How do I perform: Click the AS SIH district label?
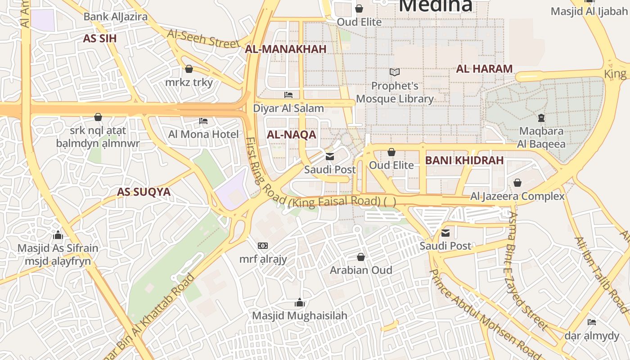coord(99,38)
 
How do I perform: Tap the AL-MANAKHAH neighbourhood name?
coord(285,49)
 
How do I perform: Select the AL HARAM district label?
coord(484,69)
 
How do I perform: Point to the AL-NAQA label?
coord(291,135)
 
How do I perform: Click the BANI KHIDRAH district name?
coord(464,160)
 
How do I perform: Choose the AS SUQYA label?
coord(144,192)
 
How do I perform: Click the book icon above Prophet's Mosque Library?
coord(395,72)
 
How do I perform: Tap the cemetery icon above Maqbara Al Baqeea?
coord(541,118)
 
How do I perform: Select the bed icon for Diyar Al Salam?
coord(288,95)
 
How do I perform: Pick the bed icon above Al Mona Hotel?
coord(203,121)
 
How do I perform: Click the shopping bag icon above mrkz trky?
coord(189,69)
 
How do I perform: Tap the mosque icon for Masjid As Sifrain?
coord(58,235)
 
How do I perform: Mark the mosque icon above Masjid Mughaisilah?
coord(299,302)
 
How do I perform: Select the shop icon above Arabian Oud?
coord(361,257)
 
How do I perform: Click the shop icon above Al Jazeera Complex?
coord(517,183)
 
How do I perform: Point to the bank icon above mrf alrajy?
coord(263,246)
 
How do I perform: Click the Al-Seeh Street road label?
coord(203,39)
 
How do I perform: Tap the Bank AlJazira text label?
coord(116,17)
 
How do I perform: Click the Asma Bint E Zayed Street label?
coord(529,270)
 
